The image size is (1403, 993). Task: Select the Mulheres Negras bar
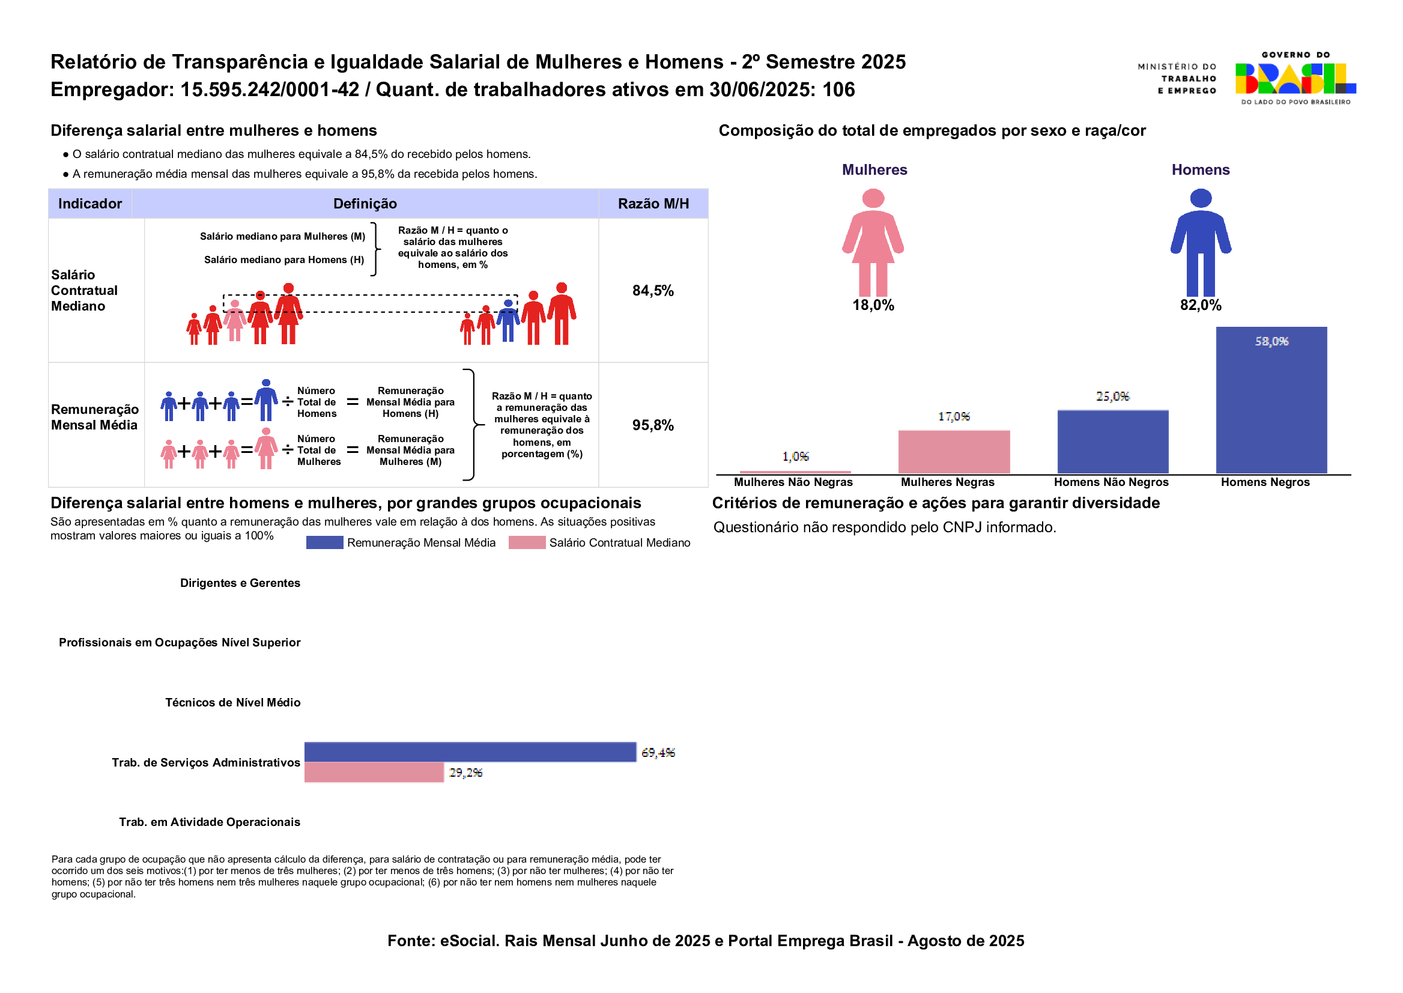(x=954, y=451)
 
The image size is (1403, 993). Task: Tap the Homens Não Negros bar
(x=1113, y=442)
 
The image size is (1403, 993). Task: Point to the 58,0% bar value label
(x=1271, y=341)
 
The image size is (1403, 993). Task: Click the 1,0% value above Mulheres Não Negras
(x=795, y=457)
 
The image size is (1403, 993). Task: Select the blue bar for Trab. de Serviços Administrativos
(x=470, y=752)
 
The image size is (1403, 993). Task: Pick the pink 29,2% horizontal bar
(x=374, y=773)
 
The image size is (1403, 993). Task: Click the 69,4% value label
(x=658, y=753)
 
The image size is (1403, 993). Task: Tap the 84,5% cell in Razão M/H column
(x=653, y=290)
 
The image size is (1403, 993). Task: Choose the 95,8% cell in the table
(x=653, y=425)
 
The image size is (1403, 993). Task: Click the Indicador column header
(x=90, y=204)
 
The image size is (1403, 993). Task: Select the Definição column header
(x=365, y=204)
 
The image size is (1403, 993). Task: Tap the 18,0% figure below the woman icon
(x=873, y=305)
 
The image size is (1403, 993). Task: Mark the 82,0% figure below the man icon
(x=1201, y=305)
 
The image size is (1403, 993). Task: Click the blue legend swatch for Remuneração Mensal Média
(x=324, y=542)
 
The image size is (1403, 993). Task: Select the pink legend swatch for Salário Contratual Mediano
(x=526, y=542)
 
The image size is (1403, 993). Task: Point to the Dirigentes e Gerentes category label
(x=240, y=583)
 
